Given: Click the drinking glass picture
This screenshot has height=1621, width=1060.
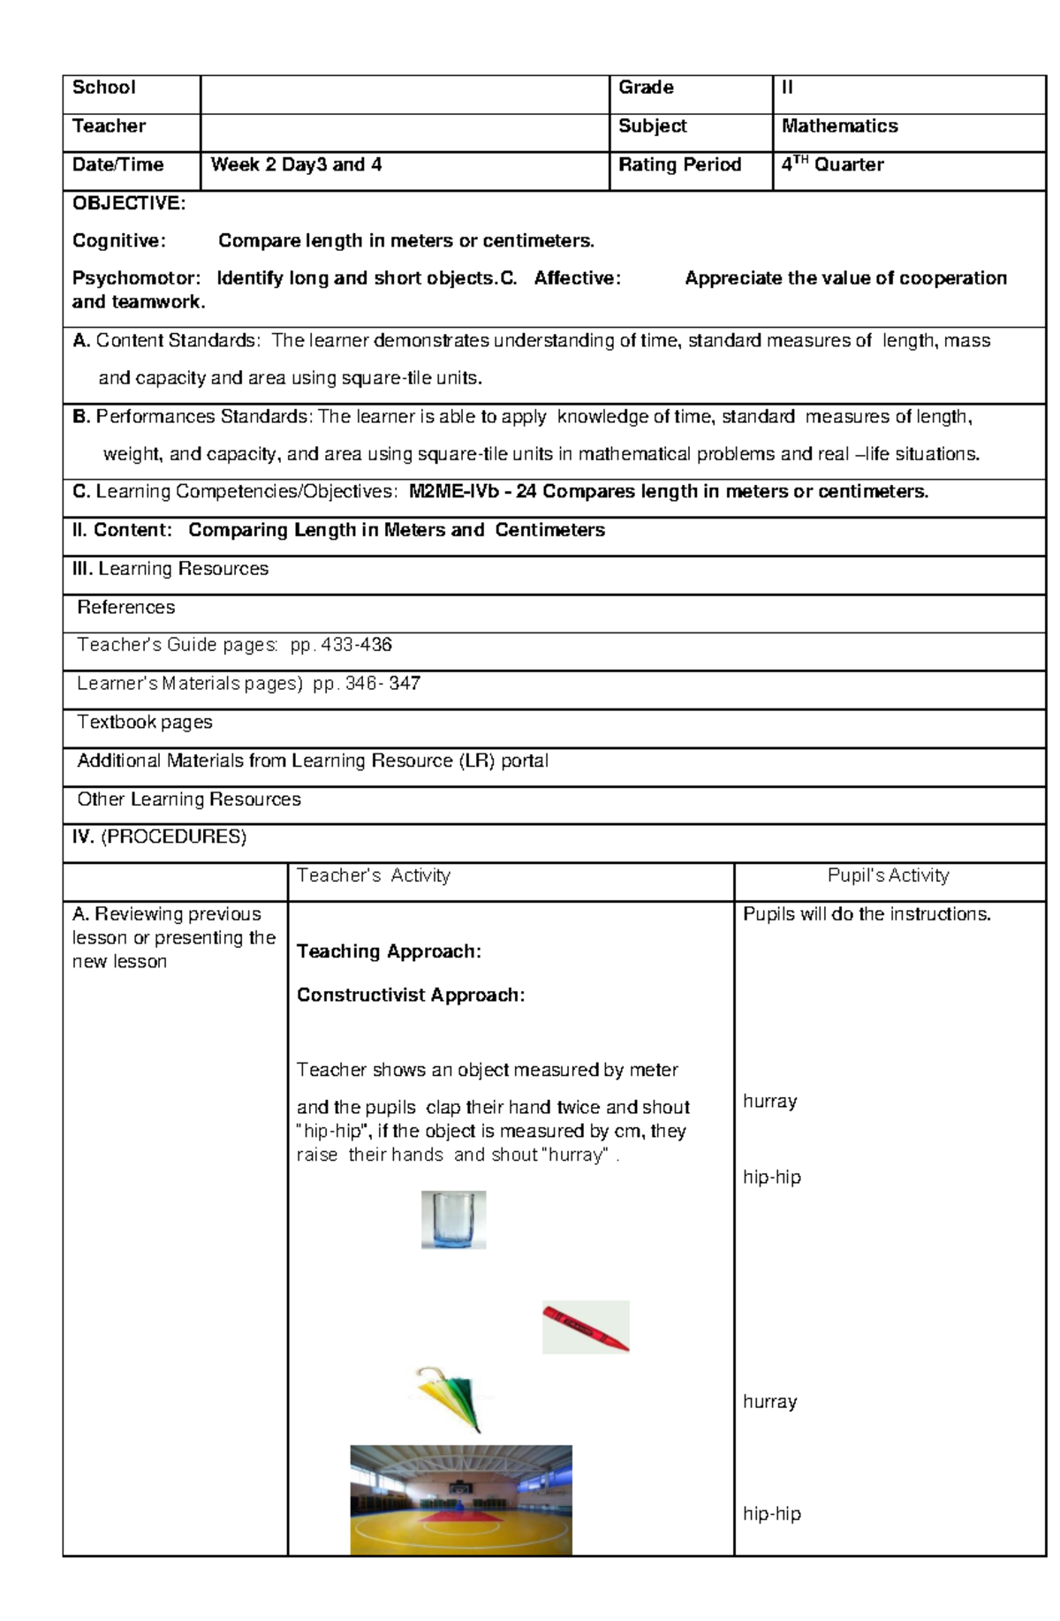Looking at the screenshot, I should click(453, 1220).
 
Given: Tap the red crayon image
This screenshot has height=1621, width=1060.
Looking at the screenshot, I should click(586, 1327).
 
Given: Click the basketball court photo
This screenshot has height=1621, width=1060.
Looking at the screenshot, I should click(461, 1499).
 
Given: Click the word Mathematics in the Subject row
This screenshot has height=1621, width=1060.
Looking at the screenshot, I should click(839, 126).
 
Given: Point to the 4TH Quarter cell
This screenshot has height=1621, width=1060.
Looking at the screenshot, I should click(832, 164).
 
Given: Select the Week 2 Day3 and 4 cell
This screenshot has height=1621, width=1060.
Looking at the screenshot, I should click(296, 165).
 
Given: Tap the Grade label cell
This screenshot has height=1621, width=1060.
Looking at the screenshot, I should click(646, 87).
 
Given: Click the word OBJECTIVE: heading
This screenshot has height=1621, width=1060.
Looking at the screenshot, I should click(129, 203).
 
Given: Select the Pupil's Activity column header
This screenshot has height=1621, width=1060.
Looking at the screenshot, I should click(888, 875).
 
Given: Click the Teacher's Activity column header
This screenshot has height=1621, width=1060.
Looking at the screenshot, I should click(373, 875).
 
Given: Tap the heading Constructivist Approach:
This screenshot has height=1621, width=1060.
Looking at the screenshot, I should click(411, 996).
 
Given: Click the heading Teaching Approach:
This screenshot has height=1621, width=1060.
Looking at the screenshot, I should click(389, 951).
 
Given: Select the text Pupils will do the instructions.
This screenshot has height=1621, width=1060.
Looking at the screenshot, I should click(867, 914).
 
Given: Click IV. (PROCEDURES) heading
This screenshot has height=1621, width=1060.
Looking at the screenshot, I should click(159, 837).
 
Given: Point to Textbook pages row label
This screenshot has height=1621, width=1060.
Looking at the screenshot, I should click(145, 723).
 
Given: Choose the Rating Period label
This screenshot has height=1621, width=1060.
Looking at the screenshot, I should click(679, 165).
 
